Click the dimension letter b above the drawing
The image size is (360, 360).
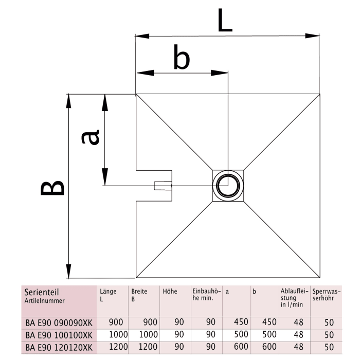(181, 58)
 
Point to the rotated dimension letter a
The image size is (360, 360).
(91, 137)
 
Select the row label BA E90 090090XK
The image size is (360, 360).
(59, 322)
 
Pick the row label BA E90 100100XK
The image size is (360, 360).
(59, 334)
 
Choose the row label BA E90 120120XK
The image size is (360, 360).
(59, 347)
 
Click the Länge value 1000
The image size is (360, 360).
(118, 334)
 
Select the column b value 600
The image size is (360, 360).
(269, 347)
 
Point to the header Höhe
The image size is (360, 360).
(170, 292)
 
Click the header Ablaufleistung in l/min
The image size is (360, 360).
(294, 298)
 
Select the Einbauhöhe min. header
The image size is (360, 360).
(206, 295)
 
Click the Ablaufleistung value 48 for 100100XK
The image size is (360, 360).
(298, 334)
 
